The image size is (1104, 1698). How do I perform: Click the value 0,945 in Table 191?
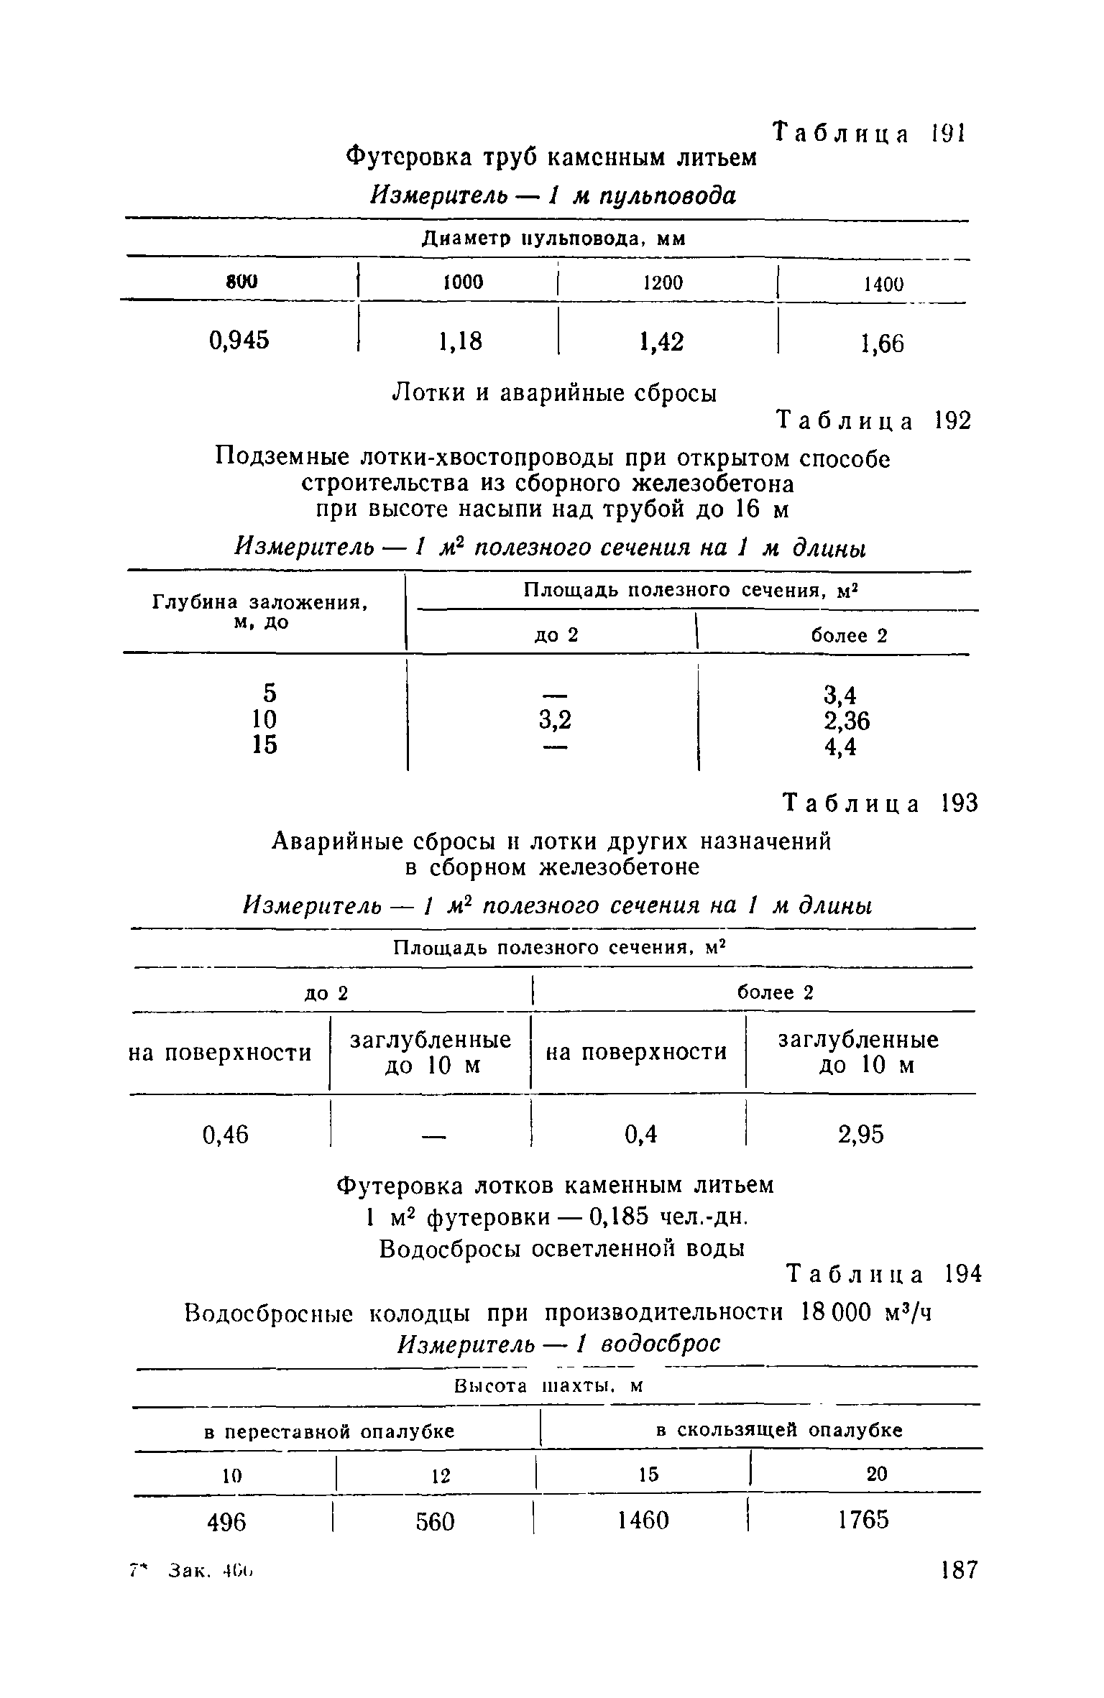[239, 339]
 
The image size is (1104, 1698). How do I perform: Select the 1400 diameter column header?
[883, 285]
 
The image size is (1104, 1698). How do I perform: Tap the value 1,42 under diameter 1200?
[661, 342]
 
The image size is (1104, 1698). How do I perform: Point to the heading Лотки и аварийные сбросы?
[553, 392]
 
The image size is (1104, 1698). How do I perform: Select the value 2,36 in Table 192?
[847, 720]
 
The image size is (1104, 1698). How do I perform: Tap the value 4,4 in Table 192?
[840, 747]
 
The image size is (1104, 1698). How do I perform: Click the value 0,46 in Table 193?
[226, 1135]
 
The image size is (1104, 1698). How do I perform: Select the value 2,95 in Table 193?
[860, 1135]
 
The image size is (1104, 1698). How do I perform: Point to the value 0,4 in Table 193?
[641, 1135]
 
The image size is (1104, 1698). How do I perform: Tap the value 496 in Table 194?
[226, 1521]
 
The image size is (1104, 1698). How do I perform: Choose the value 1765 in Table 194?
[863, 1520]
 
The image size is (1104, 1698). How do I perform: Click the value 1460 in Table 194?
[643, 1521]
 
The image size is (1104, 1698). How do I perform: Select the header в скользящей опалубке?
[779, 1430]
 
